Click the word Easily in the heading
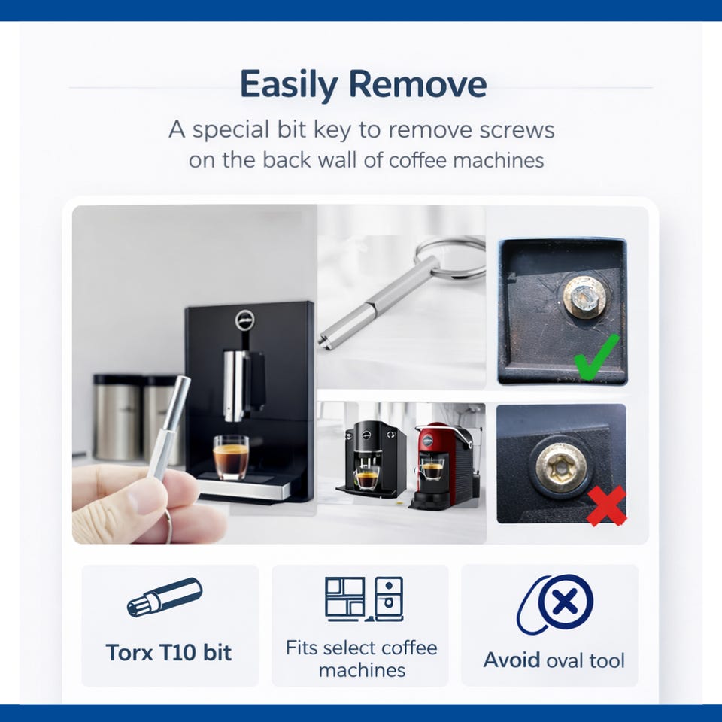[x=289, y=85]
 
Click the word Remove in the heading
[x=417, y=84]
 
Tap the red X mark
[x=606, y=505]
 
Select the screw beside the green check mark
[x=585, y=297]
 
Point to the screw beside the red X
[x=562, y=466]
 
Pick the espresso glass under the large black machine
[x=231, y=457]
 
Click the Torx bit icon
[x=165, y=596]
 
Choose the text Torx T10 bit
[x=168, y=652]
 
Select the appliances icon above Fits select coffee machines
[x=364, y=599]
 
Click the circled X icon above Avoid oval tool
[x=555, y=603]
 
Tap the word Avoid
[x=511, y=660]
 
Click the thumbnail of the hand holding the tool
[x=194, y=374]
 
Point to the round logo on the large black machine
[x=244, y=319]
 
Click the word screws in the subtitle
[x=517, y=130]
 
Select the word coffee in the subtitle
[x=417, y=160]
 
